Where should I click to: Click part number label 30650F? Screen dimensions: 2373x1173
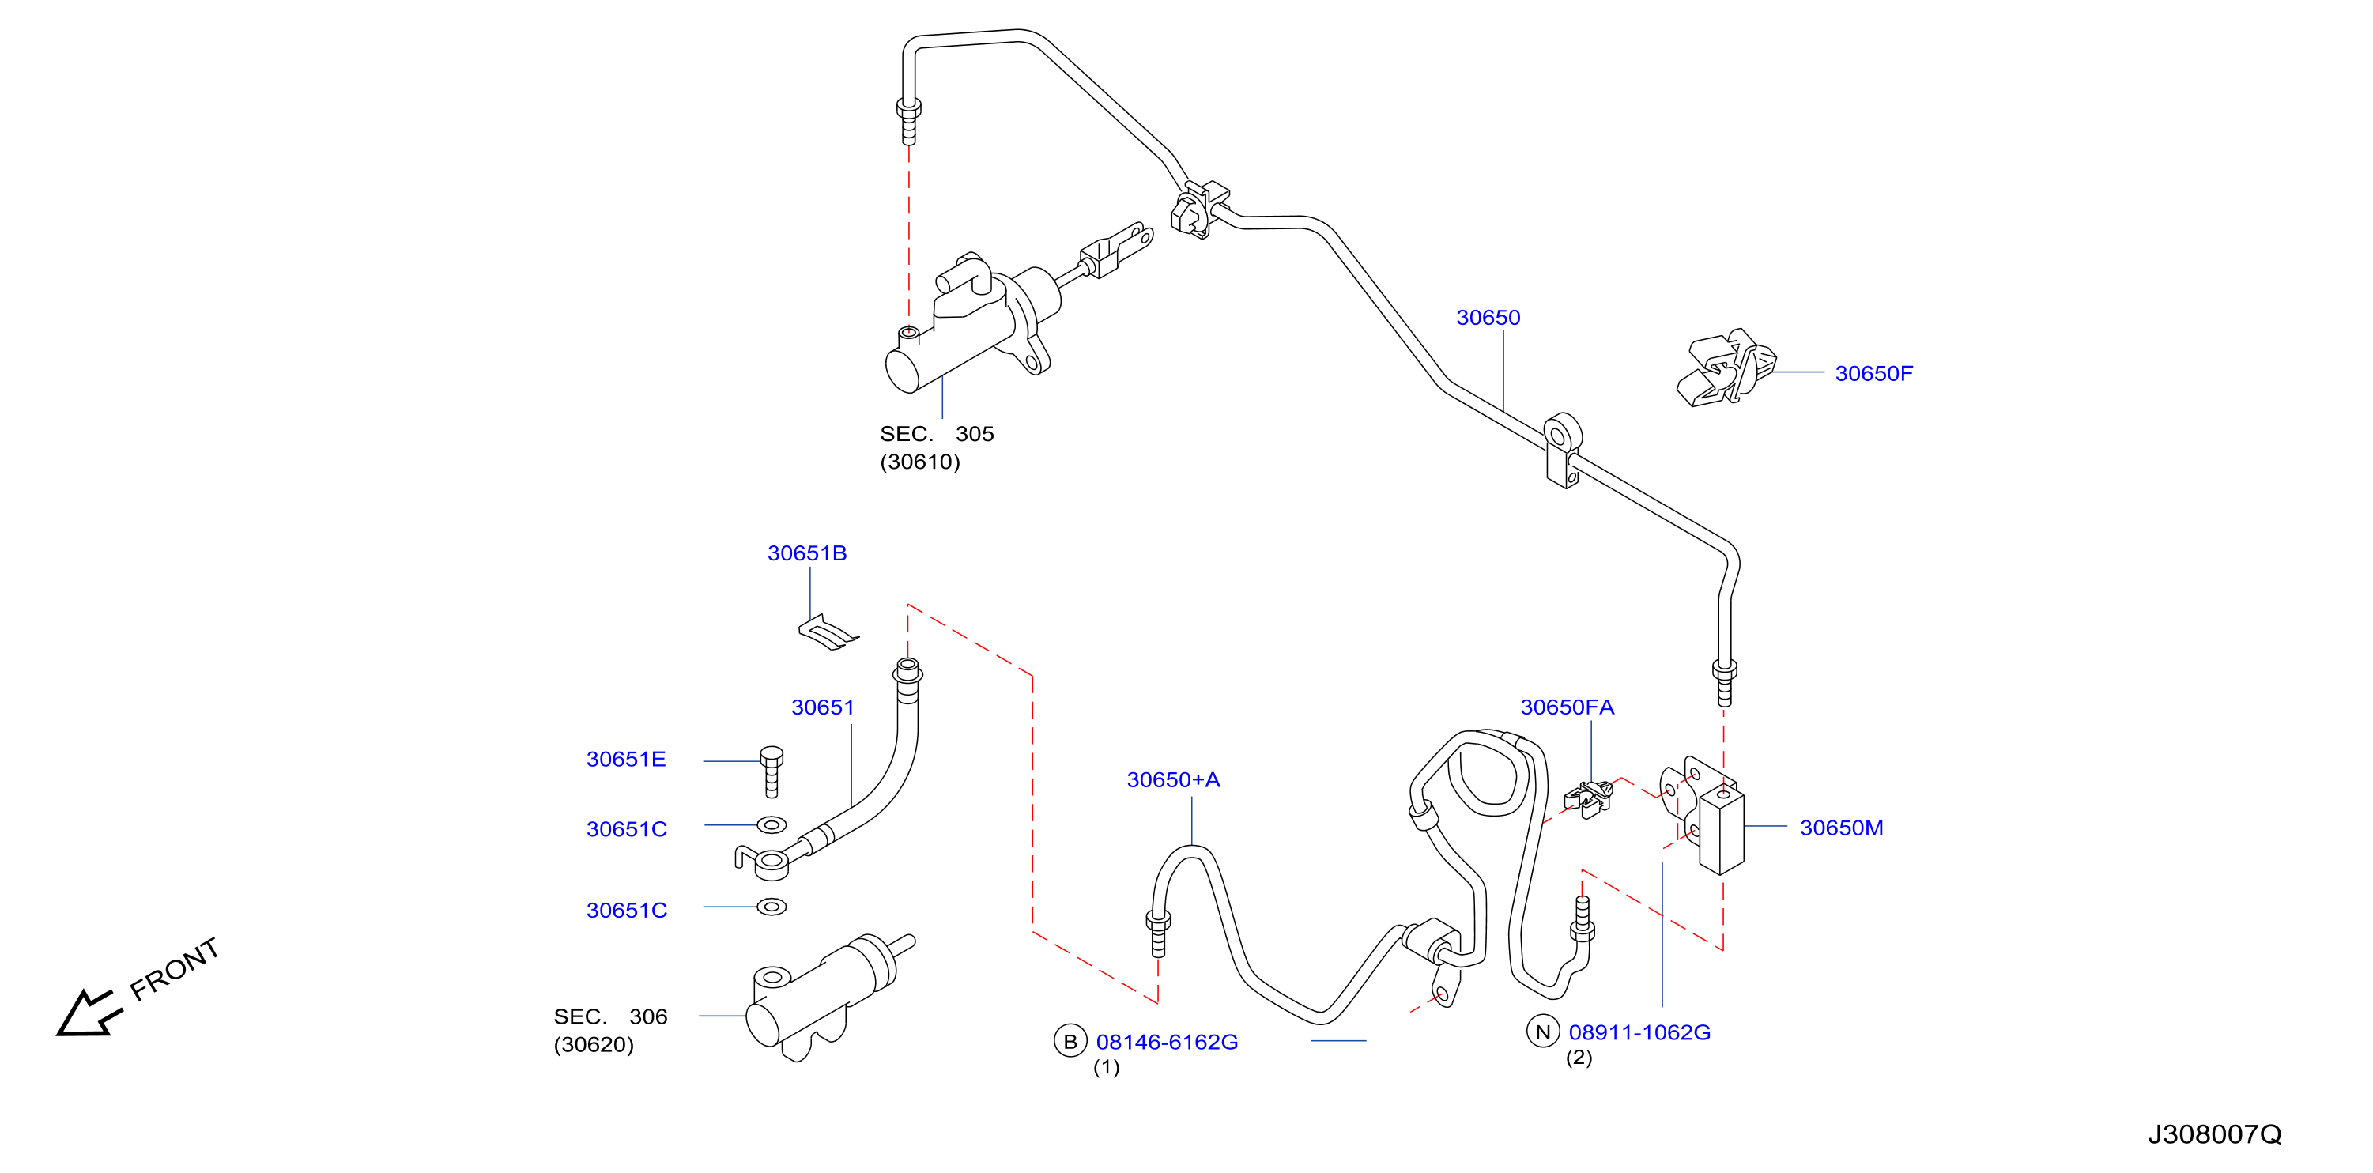1873,373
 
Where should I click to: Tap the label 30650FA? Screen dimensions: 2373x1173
1566,707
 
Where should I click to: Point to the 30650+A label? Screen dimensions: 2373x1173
1173,779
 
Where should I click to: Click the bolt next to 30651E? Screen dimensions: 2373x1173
772,771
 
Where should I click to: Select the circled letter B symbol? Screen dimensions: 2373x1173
1070,1041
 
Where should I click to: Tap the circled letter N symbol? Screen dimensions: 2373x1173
1543,1031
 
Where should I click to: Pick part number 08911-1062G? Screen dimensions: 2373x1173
1639,1032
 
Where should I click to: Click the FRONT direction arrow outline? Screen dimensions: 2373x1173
89,1014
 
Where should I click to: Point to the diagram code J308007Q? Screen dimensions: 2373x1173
2215,1134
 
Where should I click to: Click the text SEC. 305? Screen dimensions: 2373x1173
937,433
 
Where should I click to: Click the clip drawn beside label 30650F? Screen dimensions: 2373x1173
1726,368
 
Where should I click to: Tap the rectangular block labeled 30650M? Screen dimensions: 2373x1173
1721,829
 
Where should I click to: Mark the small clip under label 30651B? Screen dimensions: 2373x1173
828,633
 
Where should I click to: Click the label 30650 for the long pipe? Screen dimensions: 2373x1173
1488,317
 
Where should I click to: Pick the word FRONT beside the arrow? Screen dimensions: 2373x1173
174,968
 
